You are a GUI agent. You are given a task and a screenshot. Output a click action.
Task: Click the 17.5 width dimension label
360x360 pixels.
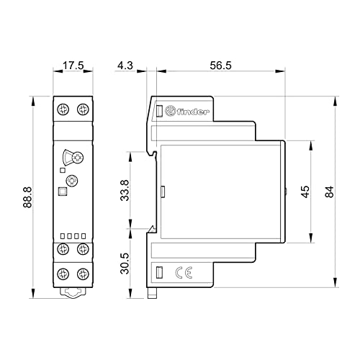tap(73, 66)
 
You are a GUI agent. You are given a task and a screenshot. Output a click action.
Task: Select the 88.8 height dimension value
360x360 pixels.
tap(27, 197)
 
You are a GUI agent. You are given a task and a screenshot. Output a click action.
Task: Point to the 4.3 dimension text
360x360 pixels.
tap(125, 66)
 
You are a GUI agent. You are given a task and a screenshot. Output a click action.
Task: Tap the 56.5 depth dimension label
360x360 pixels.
tap(220, 66)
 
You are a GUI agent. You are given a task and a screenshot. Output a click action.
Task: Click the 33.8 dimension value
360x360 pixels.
tap(125, 190)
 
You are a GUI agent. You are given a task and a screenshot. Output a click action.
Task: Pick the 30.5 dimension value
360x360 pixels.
tap(125, 264)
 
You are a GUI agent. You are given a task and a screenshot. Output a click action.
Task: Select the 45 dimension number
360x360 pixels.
tap(305, 192)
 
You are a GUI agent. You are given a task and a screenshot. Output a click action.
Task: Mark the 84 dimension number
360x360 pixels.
tap(329, 192)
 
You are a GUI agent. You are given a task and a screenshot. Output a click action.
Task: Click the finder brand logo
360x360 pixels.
tap(187, 112)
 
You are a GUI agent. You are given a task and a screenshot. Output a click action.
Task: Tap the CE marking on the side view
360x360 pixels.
tap(184, 273)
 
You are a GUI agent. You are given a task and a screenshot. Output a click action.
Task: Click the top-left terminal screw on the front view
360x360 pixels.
tap(63, 109)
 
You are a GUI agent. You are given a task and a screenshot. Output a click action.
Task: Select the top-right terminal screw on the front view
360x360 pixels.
tap(83, 109)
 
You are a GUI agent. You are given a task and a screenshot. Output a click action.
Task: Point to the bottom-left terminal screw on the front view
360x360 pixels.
tap(63, 274)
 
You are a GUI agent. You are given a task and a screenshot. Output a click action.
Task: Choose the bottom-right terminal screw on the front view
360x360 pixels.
tap(83, 274)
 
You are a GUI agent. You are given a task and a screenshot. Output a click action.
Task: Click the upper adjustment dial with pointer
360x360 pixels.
tap(73, 158)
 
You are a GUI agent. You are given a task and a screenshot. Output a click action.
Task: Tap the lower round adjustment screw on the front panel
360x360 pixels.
tap(72, 181)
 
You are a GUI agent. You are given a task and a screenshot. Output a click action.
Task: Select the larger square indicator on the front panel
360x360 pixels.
tap(63, 192)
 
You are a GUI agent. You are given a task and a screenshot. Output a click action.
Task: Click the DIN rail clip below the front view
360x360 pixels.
tap(73, 293)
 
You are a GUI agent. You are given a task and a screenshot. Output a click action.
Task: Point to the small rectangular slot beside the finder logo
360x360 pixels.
tap(159, 111)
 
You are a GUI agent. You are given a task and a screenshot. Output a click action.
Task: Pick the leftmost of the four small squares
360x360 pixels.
tap(63, 236)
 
